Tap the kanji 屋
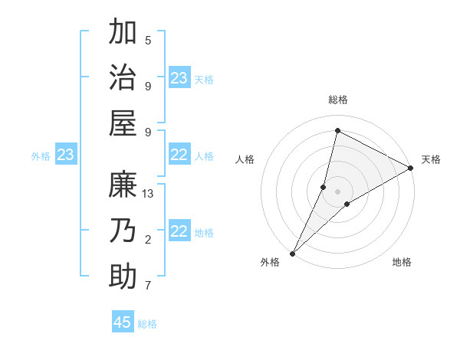click(x=123, y=122)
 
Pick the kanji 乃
click(x=123, y=230)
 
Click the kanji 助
click(x=123, y=275)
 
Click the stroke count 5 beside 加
click(x=148, y=41)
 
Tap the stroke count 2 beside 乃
click(x=148, y=240)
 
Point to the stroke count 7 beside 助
click(x=148, y=286)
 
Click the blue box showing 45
click(x=123, y=322)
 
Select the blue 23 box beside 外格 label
click(x=65, y=155)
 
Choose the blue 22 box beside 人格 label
click(x=179, y=155)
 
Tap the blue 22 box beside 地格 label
click(x=179, y=232)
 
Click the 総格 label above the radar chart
click(x=337, y=100)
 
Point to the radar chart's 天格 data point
click(x=411, y=169)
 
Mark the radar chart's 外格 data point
click(x=292, y=253)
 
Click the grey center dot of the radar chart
click(x=337, y=191)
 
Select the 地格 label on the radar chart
click(x=402, y=262)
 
